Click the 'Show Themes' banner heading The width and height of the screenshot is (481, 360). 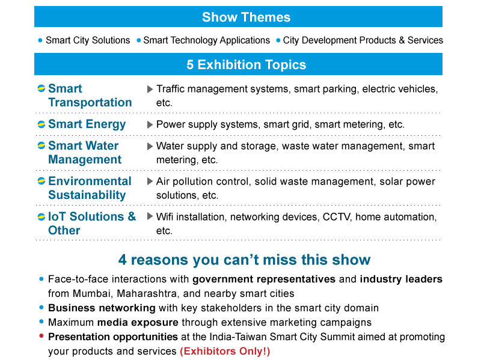(246, 17)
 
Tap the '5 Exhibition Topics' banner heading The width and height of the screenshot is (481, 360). (246, 65)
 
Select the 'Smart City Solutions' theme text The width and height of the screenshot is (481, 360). (88, 40)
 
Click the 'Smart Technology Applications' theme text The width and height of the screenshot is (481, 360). (206, 40)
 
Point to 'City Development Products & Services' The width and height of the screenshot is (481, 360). (363, 40)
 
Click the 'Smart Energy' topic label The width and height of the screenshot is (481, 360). (87, 124)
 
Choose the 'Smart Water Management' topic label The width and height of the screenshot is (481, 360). (84, 153)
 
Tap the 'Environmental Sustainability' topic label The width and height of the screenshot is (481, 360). (90, 188)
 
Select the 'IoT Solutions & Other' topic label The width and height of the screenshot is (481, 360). (91, 223)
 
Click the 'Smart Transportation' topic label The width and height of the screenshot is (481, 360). (90, 96)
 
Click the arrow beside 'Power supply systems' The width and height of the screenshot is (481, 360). (150, 124)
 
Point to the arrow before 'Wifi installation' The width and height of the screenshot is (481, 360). (150, 216)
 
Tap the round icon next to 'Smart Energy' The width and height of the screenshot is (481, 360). (41, 124)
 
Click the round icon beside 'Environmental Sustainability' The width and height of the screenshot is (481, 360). (41, 182)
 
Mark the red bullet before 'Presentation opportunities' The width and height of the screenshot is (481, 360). (41, 336)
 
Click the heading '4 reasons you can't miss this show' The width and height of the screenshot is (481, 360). (244, 260)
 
